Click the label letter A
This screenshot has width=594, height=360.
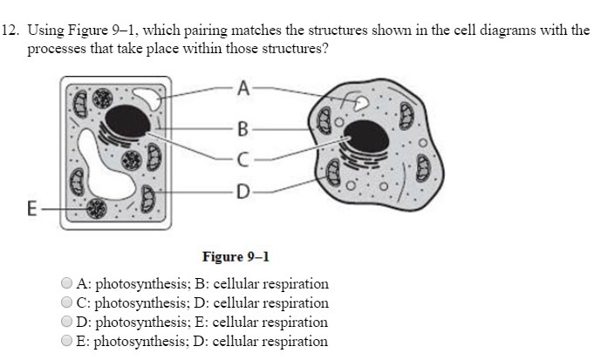pos(242,87)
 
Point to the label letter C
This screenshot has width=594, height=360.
pos(242,160)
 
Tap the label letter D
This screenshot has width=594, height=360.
pos(242,189)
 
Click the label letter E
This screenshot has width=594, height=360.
pos(32,209)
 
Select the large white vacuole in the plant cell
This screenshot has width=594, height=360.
pos(101,165)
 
